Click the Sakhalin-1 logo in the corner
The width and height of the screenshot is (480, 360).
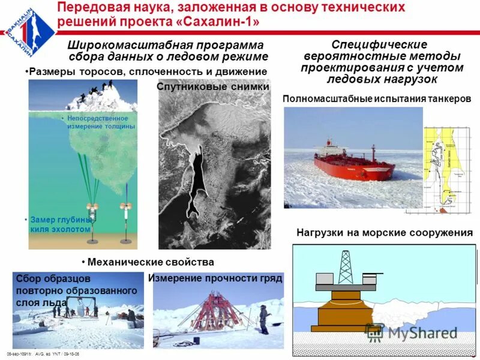[x=24, y=27]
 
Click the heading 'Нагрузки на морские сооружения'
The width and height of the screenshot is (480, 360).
[x=385, y=233]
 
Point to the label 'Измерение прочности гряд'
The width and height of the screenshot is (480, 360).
[x=215, y=279]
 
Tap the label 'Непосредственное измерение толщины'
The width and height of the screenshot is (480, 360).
[x=101, y=122]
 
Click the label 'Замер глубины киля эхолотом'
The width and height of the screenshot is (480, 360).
[x=60, y=224]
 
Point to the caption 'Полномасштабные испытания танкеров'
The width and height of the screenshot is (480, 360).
[x=376, y=98]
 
